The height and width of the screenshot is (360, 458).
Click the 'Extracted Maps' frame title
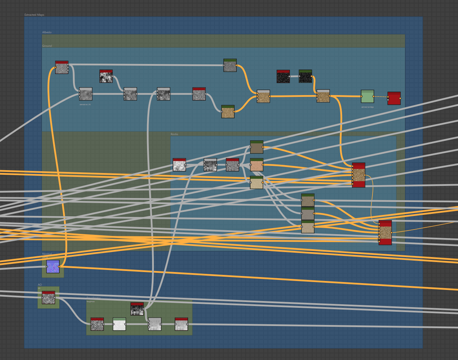34,15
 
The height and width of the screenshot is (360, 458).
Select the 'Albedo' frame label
47,33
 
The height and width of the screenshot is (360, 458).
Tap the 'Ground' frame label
47,46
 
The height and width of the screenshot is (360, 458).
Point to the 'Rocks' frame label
174,134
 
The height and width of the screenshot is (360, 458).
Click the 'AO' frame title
40,285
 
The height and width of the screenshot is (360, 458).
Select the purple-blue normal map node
53,267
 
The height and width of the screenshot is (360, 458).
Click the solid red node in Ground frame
394,98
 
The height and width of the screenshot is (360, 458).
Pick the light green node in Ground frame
367,97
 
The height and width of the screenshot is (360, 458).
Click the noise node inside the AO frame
48,298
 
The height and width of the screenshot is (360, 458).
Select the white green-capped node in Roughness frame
119,324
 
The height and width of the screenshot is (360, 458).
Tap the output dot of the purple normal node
59,267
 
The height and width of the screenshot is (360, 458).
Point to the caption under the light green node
367,107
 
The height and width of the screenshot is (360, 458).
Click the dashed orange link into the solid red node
381,97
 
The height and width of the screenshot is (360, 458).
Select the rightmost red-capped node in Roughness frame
181,324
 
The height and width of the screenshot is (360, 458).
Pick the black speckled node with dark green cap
305,77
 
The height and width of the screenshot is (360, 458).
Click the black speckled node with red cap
283,77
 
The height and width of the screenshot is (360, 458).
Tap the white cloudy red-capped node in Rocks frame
179,165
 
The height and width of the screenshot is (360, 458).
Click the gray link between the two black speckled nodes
294,76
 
